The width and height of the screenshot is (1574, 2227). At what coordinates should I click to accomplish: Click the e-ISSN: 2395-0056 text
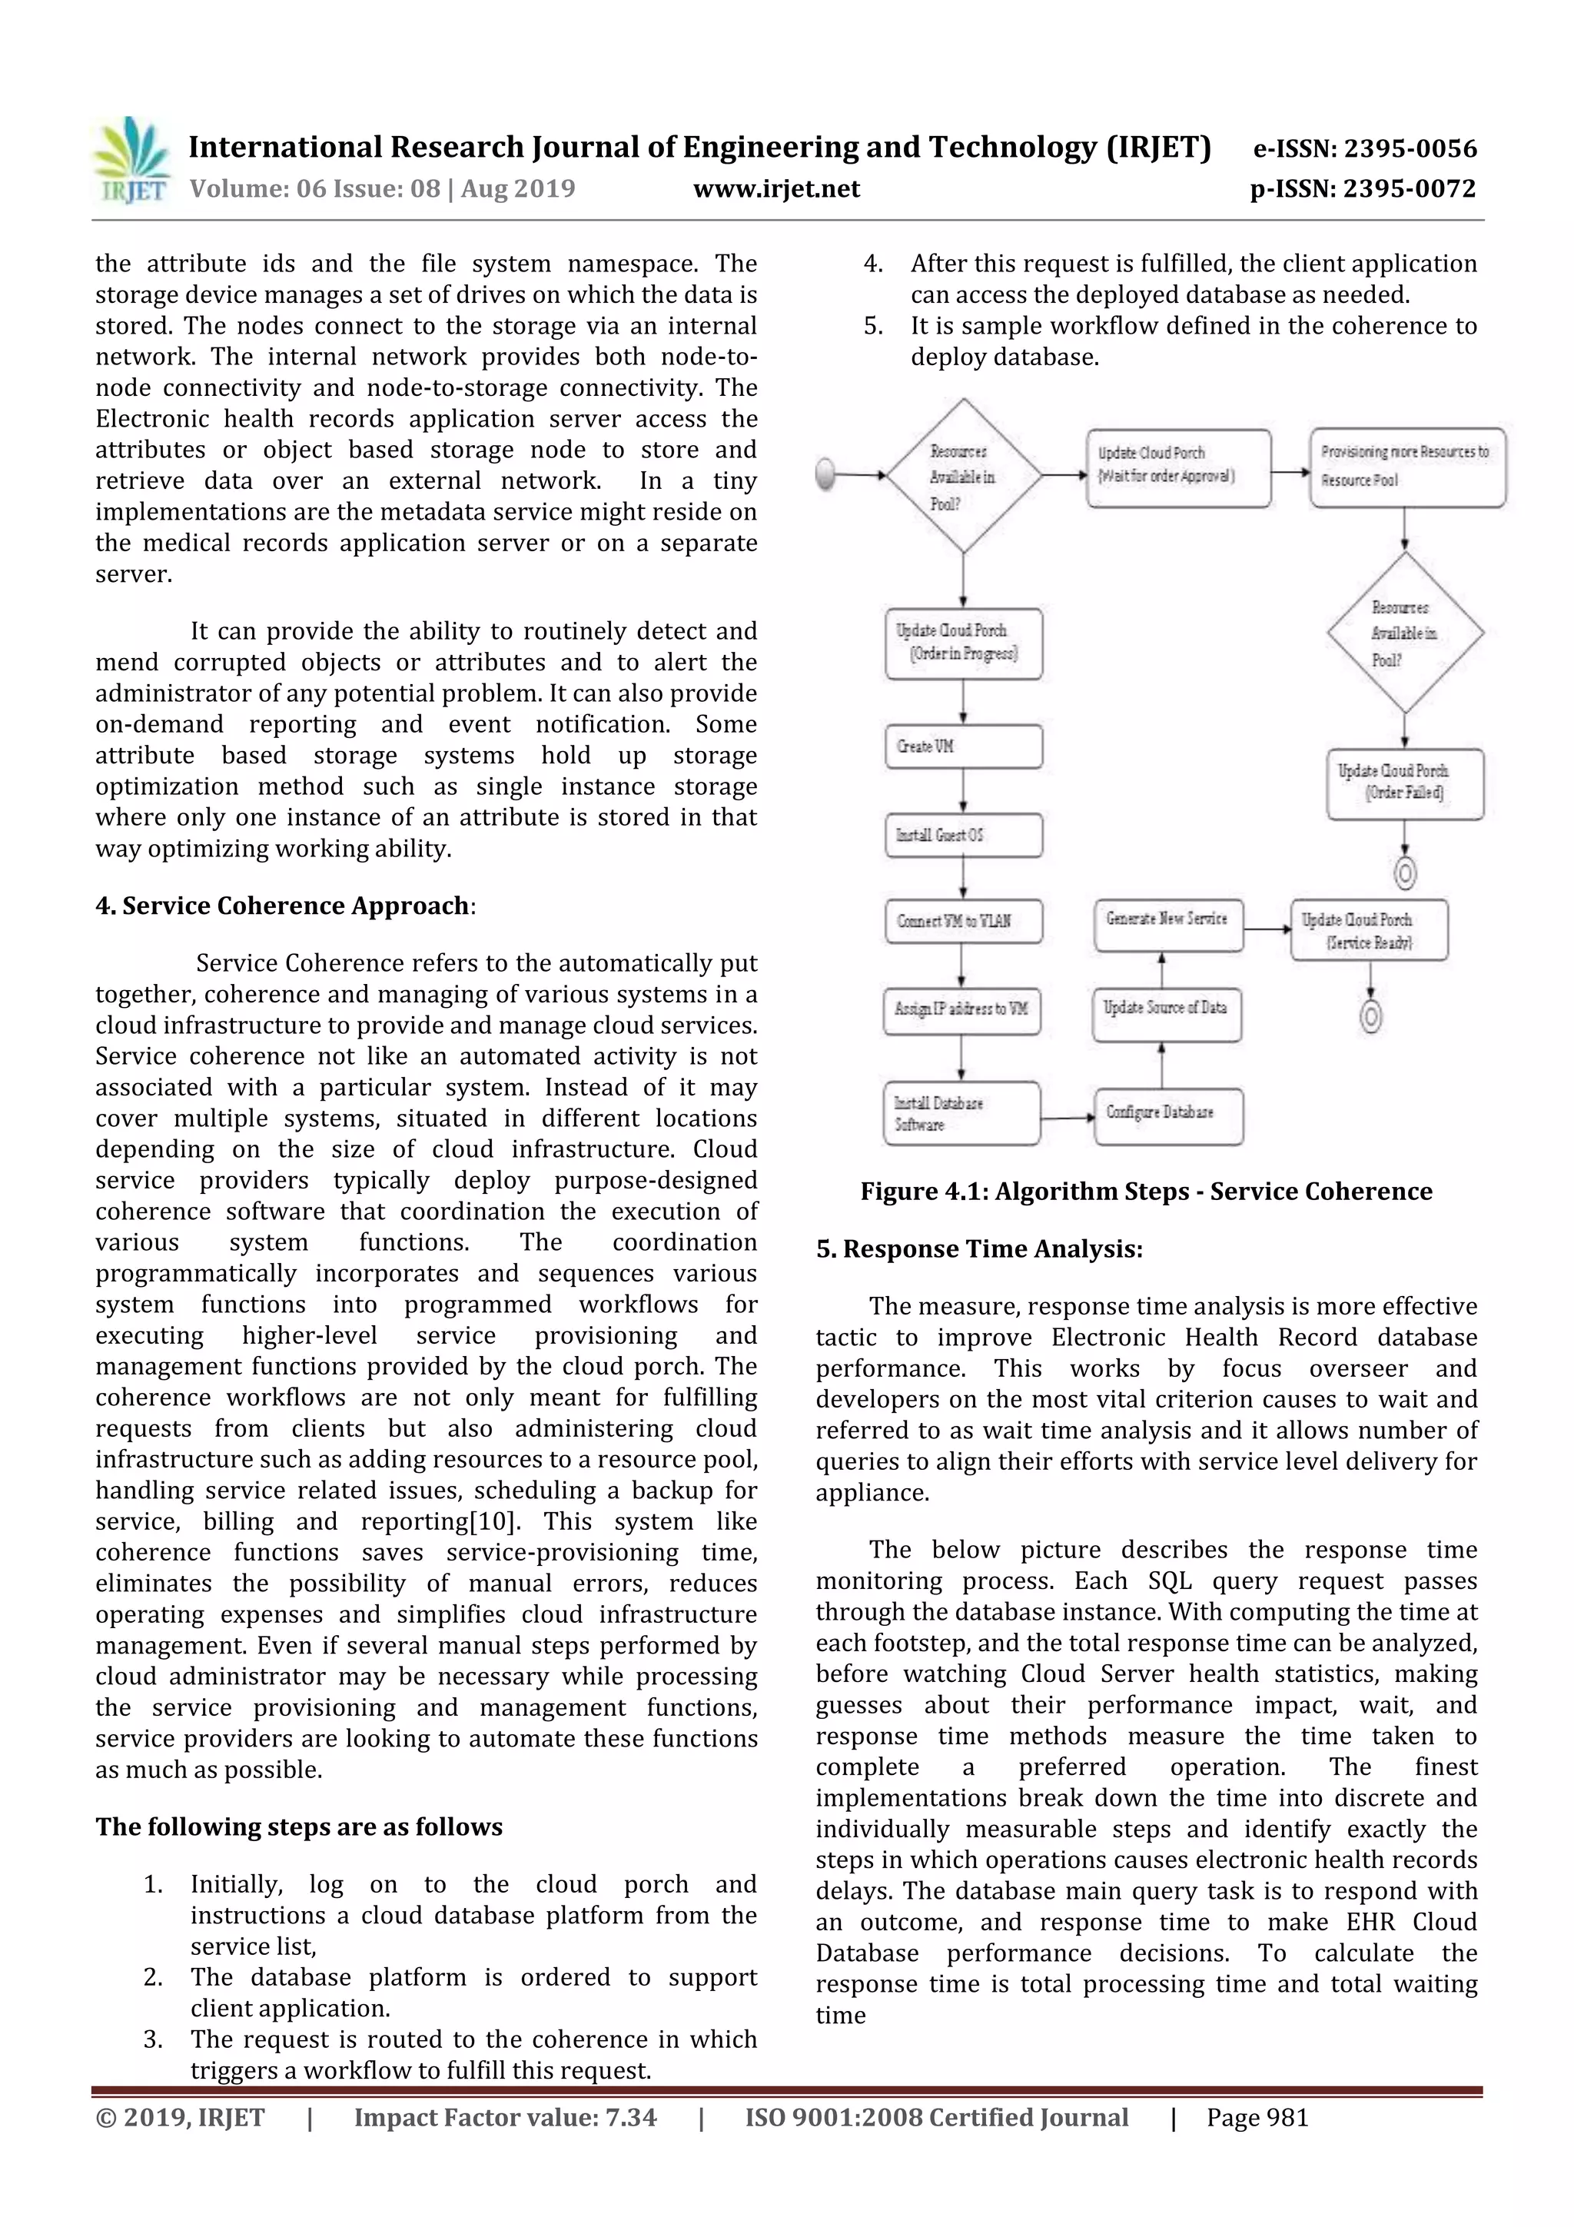[1363, 148]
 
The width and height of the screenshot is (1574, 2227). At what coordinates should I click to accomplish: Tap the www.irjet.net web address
[775, 188]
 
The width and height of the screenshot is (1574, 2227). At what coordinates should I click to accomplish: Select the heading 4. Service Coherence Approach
[284, 905]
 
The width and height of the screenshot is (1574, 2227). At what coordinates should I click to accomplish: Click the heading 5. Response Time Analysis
[978, 1248]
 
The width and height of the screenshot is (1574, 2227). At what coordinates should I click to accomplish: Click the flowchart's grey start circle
[826, 474]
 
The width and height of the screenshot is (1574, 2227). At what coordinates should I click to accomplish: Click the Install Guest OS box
[963, 835]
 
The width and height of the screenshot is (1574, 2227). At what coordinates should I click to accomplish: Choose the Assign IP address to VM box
[961, 1009]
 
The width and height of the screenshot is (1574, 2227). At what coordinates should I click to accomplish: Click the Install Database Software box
[961, 1113]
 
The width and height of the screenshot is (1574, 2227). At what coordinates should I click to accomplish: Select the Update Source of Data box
[1167, 1009]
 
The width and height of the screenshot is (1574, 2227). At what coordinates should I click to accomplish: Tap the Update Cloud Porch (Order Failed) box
[1403, 782]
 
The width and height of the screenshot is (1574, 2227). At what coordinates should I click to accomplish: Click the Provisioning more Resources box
[1406, 467]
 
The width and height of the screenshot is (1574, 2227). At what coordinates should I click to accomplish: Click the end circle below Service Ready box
[1370, 1016]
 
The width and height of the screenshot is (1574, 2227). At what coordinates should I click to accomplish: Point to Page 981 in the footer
[1257, 2117]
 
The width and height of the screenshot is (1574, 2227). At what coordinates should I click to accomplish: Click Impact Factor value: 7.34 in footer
[504, 2117]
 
